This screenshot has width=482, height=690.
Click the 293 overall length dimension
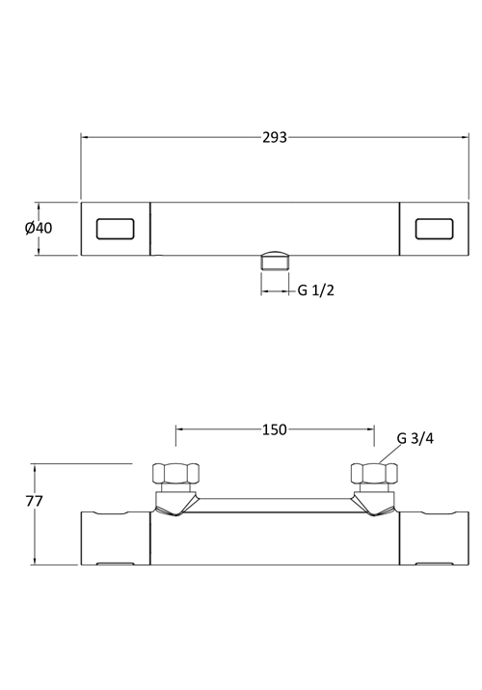coord(275,138)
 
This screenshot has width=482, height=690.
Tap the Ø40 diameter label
coord(39,228)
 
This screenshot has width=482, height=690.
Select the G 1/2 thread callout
coord(316,290)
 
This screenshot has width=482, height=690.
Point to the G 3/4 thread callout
coord(415,439)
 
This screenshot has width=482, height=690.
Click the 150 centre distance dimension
coord(275,429)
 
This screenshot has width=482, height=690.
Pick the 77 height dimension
coord(34,501)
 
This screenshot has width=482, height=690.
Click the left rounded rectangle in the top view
coord(115,229)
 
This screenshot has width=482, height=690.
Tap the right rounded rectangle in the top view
coord(434,229)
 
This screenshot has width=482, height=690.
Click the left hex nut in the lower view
coord(175,474)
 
